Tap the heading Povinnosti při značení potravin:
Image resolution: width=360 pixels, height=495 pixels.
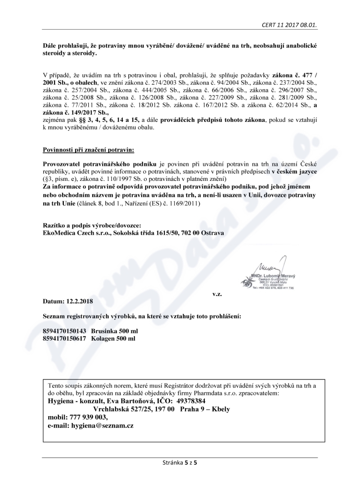coord(88,149)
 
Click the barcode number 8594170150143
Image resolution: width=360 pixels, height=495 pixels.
coord(64,330)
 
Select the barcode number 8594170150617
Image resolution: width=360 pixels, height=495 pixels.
coord(64,338)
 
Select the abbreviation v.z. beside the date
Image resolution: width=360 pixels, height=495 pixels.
coord(217,293)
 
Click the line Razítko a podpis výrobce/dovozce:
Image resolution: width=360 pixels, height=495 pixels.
coord(92,225)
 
